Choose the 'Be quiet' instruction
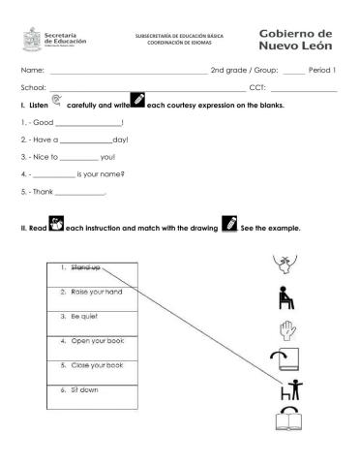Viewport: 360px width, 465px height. point(84,317)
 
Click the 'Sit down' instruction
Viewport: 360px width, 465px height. point(84,390)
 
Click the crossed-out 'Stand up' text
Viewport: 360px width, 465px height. point(84,266)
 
